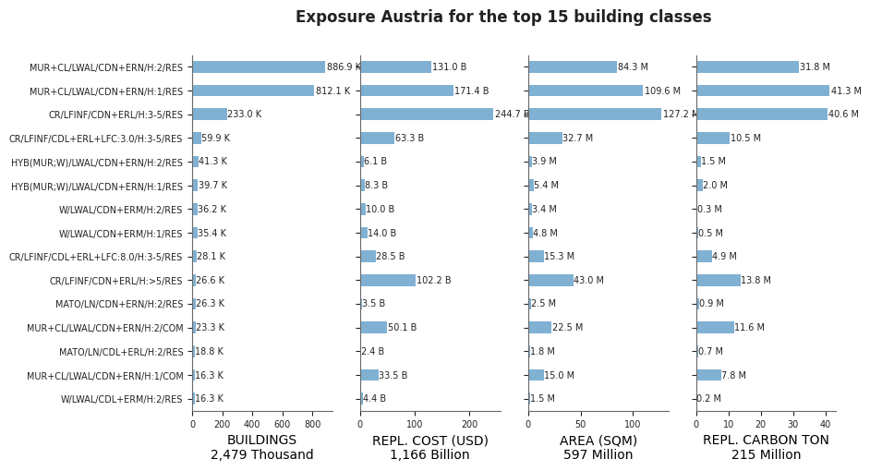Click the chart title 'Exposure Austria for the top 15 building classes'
click(503, 17)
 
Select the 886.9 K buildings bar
click(259, 66)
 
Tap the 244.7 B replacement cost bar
click(427, 115)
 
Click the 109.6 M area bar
click(586, 91)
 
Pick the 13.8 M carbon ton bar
click(719, 280)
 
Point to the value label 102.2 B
click(434, 280)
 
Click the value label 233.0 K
click(245, 115)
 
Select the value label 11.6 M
click(750, 327)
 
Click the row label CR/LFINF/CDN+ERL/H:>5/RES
click(116, 281)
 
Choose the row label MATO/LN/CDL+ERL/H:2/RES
click(121, 352)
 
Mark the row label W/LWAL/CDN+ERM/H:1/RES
click(120, 234)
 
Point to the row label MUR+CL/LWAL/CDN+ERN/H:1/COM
click(105, 376)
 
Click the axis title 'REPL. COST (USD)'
click(430, 441)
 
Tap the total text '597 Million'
click(598, 455)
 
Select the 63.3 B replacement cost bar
click(378, 138)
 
